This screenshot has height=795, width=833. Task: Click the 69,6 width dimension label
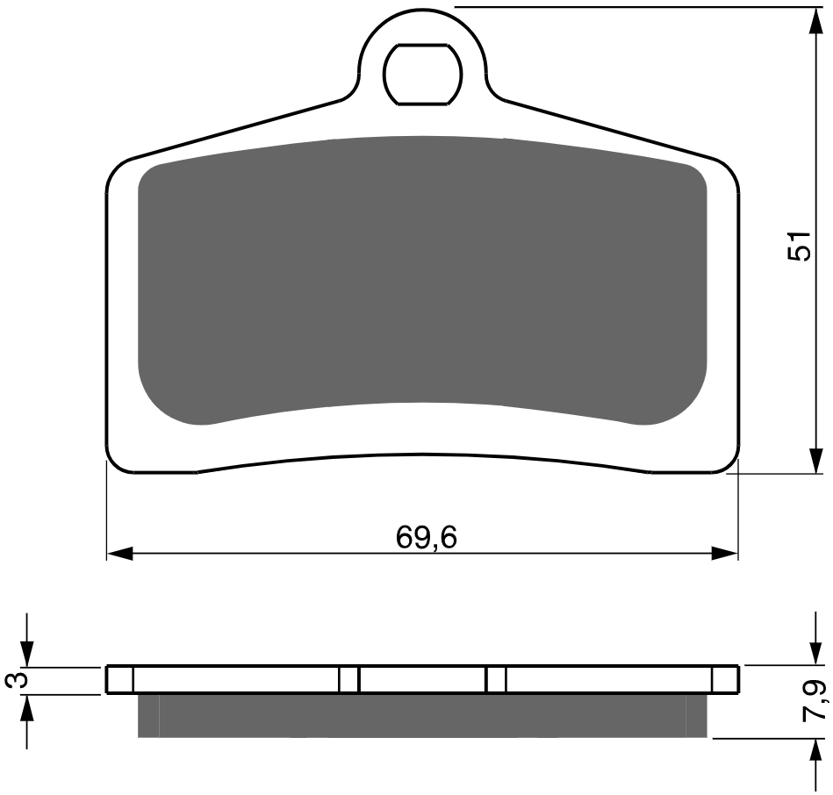coord(426,537)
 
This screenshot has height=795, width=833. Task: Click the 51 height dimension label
coord(799,246)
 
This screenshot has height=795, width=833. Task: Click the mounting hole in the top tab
coord(422,74)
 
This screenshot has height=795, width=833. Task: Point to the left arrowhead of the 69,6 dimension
coord(119,553)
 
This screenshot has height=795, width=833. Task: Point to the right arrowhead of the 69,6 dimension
coord(725,553)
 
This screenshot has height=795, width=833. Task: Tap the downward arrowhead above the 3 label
coord(26,653)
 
